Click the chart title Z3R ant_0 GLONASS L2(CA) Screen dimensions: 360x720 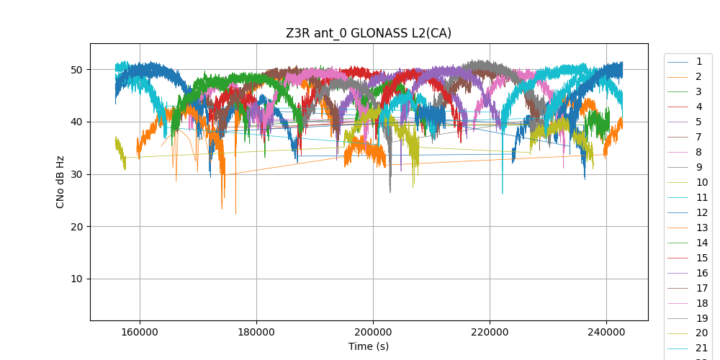click(369, 33)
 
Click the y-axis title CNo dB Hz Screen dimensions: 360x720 click(60, 181)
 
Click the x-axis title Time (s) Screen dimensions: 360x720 click(369, 346)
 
